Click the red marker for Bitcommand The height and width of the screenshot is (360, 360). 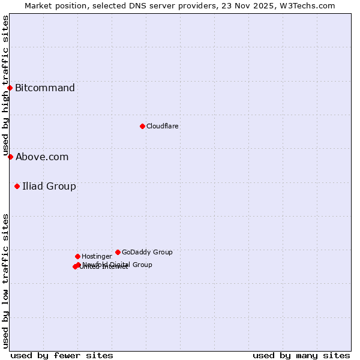tap(10, 88)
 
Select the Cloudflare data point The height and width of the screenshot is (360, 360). tap(142, 126)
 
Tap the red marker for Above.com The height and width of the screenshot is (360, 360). tap(10, 157)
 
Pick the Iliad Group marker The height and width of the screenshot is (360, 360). tap(17, 186)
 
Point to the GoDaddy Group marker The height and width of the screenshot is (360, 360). tap(118, 252)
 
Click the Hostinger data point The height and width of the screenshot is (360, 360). tap(77, 256)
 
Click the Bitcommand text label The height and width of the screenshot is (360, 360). tap(45, 88)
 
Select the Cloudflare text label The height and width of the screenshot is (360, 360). tap(163, 126)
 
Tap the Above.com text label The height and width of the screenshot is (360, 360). tap(42, 157)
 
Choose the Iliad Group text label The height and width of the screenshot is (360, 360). tap(49, 186)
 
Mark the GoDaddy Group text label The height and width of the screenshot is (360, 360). tap(147, 252)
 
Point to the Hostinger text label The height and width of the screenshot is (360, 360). tap(97, 256)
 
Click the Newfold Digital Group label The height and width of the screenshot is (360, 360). tap(118, 265)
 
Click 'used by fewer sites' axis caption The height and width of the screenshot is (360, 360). tap(62, 355)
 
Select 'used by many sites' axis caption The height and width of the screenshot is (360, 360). tap(301, 355)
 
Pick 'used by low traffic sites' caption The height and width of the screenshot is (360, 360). tap(5, 281)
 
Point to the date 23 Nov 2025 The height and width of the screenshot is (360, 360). tap(259, 5)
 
